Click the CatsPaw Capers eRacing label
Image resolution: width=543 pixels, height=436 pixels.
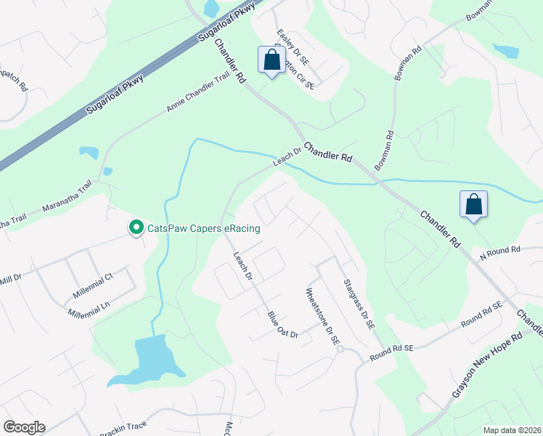(x=203, y=228)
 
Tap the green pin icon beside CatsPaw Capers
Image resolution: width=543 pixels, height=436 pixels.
(x=135, y=228)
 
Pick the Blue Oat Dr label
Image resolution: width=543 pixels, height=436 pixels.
(x=283, y=324)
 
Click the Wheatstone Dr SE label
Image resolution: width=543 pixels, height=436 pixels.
(x=322, y=318)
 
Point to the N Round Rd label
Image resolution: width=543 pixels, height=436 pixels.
(x=500, y=251)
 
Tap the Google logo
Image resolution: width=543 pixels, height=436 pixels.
(x=24, y=427)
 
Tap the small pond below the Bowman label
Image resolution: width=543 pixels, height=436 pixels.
(x=505, y=51)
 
